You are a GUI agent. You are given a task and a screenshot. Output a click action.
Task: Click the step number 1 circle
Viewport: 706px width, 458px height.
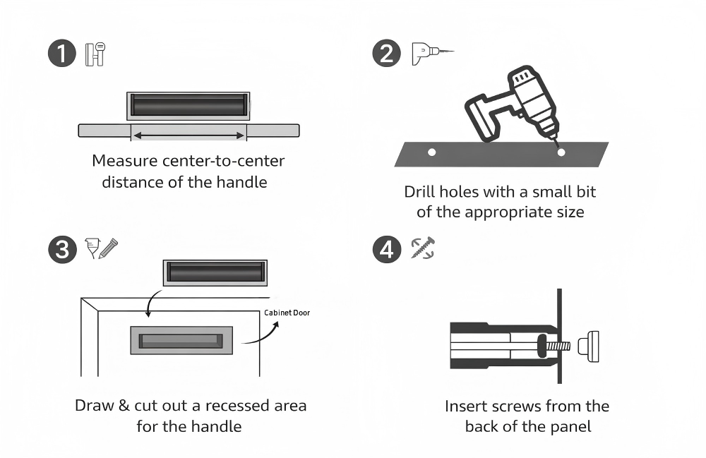tap(61, 54)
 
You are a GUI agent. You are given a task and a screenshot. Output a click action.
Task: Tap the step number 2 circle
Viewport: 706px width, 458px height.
tap(386, 54)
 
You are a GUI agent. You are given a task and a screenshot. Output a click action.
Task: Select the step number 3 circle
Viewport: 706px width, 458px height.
tap(61, 249)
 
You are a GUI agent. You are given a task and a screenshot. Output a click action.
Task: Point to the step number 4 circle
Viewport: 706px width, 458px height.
tap(386, 249)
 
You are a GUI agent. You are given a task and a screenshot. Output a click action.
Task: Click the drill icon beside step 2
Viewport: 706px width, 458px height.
tap(431, 54)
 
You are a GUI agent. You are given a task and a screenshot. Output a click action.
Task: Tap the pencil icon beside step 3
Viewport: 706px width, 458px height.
tap(108, 248)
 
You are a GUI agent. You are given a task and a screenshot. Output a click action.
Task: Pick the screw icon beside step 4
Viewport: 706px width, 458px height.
tap(423, 248)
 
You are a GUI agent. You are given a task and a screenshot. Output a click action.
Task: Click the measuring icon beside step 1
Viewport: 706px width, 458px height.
tap(95, 54)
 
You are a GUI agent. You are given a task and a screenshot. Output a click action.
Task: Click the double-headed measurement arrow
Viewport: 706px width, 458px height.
tap(189, 134)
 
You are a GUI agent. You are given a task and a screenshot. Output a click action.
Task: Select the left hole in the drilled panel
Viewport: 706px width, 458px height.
tap(432, 152)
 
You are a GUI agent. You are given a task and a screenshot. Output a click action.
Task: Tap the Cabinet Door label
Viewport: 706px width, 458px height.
tap(287, 313)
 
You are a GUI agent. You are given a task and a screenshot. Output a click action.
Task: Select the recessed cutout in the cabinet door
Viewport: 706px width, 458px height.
tap(181, 340)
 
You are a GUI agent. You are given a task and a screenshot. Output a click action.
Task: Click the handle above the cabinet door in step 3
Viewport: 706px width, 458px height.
tap(216, 272)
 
